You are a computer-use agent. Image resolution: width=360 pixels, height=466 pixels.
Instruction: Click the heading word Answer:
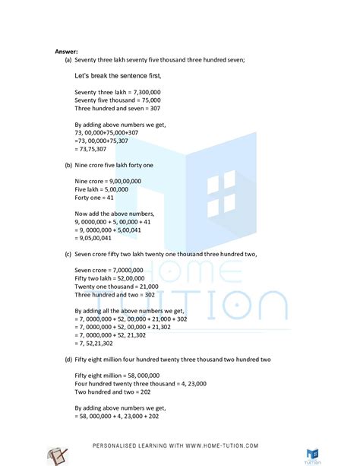click(x=66, y=52)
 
